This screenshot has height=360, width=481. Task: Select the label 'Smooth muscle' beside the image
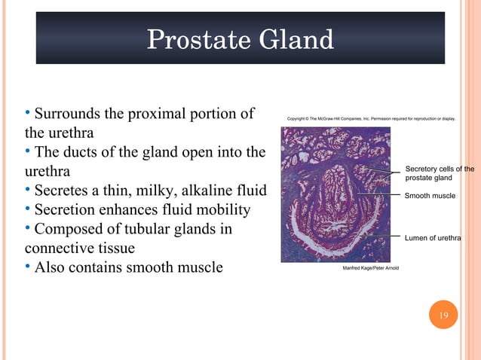[430, 196]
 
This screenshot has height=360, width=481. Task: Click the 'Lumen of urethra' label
[432, 238]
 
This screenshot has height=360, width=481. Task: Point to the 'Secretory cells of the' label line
[440, 169]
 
